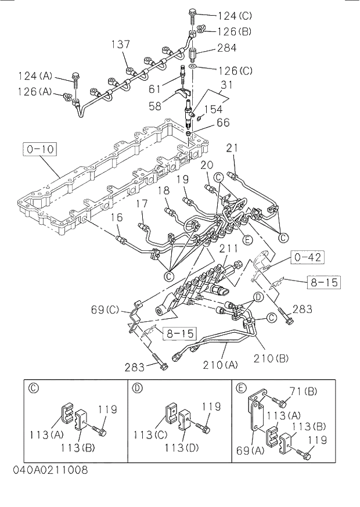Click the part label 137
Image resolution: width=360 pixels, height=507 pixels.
pyautogui.click(x=121, y=45)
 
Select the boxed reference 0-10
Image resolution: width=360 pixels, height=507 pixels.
pyautogui.click(x=40, y=149)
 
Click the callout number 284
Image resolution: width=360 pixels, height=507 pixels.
pyautogui.click(x=226, y=49)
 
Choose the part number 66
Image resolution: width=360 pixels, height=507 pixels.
pyautogui.click(x=223, y=123)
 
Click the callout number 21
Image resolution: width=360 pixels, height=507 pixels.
pyautogui.click(x=232, y=149)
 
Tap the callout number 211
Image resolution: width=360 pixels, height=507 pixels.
pyautogui.click(x=229, y=249)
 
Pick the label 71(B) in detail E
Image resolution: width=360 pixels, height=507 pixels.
pyautogui.click(x=303, y=392)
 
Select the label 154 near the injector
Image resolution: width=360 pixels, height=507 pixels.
pyautogui.click(x=213, y=110)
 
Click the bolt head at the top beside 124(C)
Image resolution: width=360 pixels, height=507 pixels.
pyautogui.click(x=193, y=11)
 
